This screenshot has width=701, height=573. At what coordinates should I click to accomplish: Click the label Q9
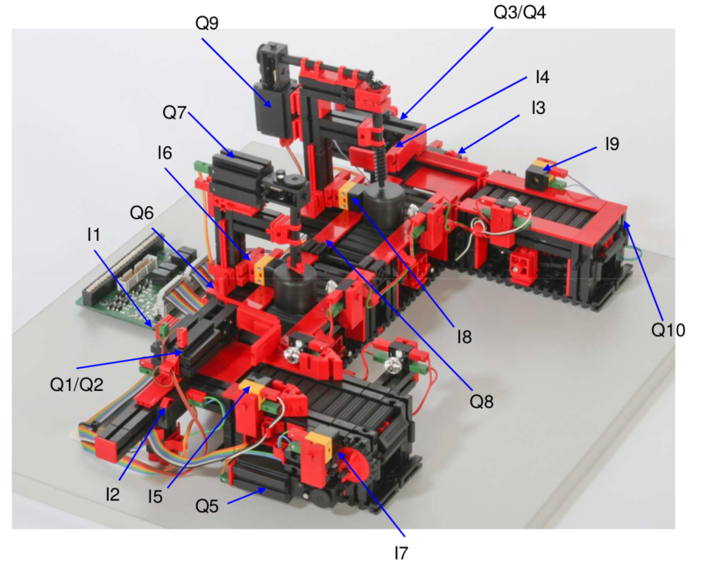207,23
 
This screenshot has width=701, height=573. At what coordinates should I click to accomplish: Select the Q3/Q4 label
520,12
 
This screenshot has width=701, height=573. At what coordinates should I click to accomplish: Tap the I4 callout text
542,77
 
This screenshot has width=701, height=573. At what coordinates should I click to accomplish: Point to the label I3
538,108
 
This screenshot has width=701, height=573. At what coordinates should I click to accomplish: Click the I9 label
612,144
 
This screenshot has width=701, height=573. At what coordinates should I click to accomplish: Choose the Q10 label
668,329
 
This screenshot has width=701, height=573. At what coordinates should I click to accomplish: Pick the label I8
464,336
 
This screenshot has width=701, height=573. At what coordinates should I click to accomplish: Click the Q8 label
481,402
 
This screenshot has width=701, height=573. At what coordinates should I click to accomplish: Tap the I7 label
401,554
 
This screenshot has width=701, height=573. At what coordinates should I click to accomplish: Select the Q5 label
207,506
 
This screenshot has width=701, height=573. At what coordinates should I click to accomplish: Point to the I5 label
155,497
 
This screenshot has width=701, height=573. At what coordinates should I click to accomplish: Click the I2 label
112,494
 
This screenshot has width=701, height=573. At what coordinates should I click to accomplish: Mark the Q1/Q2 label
76,385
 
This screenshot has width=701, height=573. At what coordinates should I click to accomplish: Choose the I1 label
93,235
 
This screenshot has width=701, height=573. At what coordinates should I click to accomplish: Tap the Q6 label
142,213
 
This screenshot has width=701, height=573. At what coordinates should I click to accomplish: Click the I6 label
165,153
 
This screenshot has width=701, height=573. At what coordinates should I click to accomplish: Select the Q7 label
174,113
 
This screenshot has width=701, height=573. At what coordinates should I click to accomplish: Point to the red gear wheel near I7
355,466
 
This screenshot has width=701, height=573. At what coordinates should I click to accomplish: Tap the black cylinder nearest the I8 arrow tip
384,205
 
